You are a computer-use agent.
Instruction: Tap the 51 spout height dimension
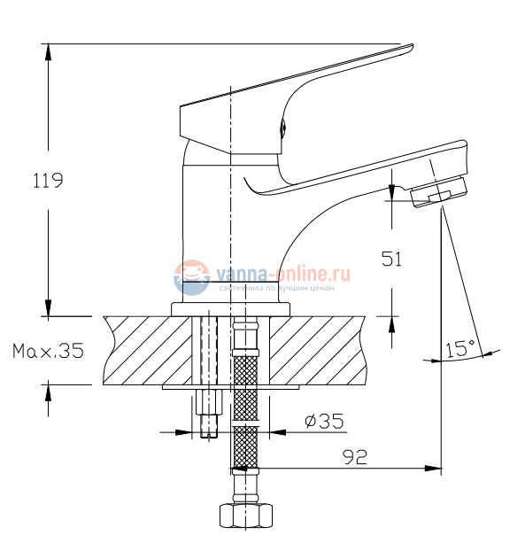tap(391, 259)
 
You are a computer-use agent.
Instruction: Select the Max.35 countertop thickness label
tap(48, 351)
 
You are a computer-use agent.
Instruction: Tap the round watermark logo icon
tap(189, 279)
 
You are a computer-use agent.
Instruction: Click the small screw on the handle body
tap(282, 127)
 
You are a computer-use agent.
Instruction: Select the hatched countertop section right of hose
tap(319, 350)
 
